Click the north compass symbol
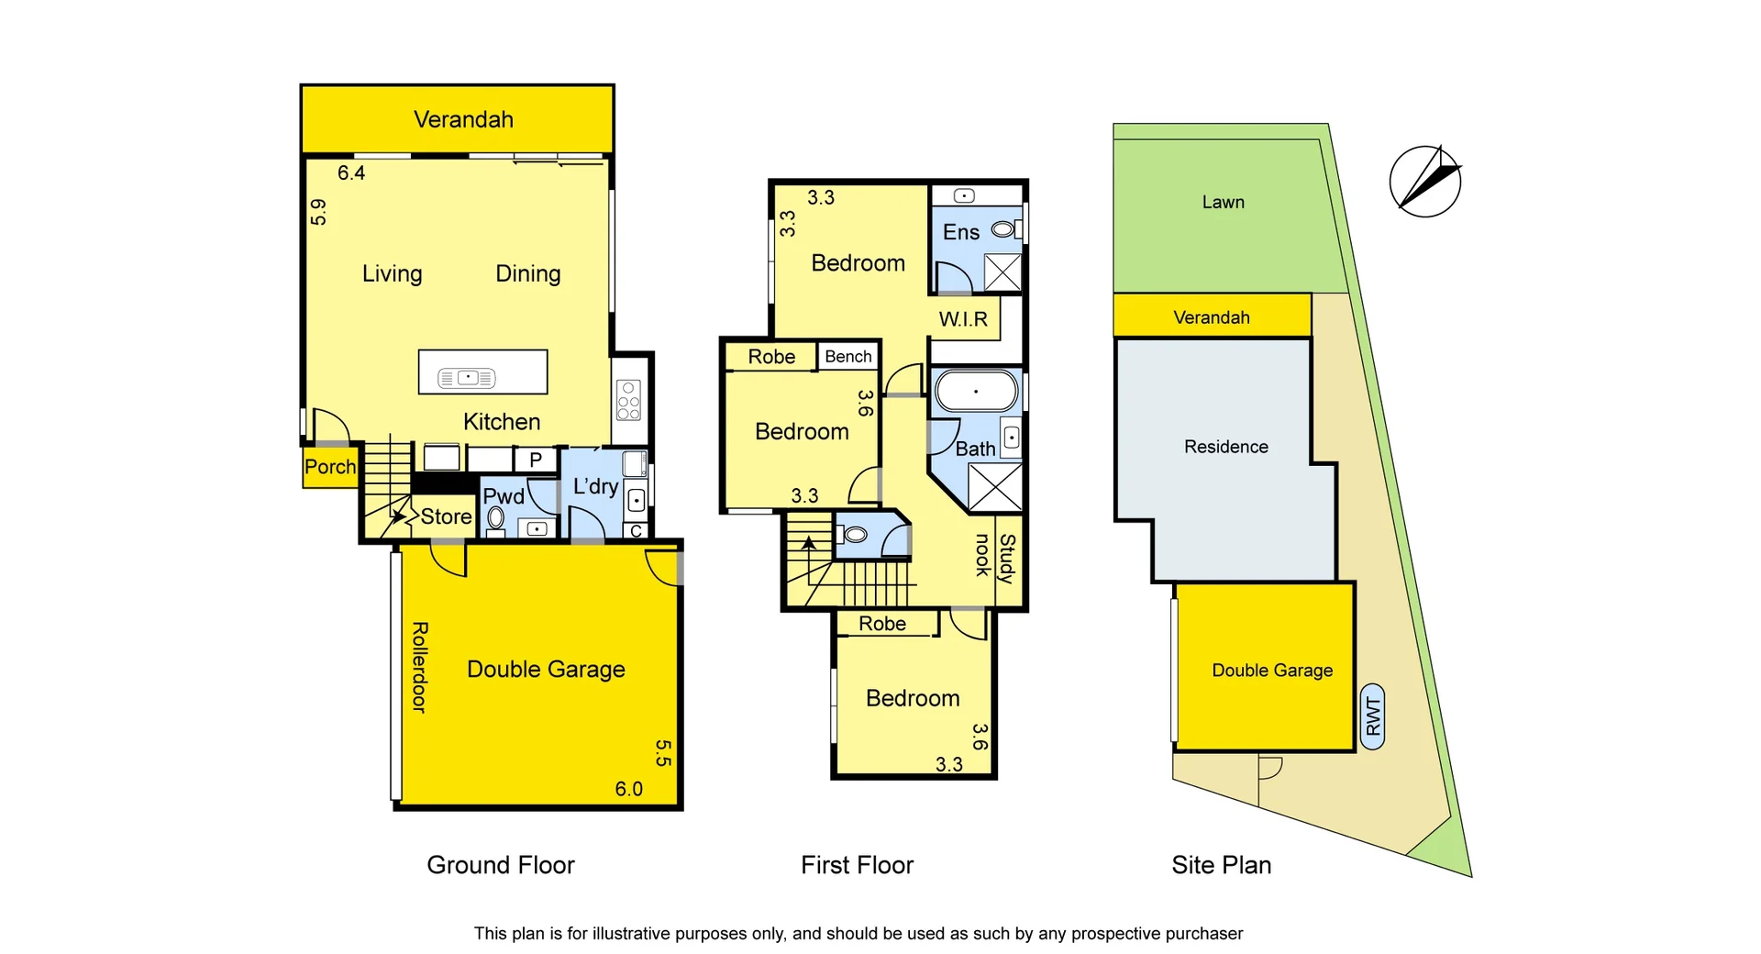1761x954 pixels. click(x=1424, y=182)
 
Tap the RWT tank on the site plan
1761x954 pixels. click(x=1372, y=716)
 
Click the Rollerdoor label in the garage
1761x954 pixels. click(x=419, y=667)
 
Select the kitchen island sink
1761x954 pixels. click(x=467, y=377)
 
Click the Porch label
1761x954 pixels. click(x=329, y=467)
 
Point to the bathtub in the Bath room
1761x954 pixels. click(x=976, y=392)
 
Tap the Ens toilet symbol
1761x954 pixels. click(x=1004, y=229)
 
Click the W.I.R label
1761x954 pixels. click(x=963, y=319)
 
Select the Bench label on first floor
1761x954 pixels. click(x=847, y=357)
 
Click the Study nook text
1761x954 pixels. click(x=994, y=557)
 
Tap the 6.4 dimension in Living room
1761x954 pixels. click(x=351, y=173)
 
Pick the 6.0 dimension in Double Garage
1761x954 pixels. click(x=628, y=789)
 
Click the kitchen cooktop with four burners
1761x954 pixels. click(x=628, y=401)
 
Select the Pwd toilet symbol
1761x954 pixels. click(x=495, y=518)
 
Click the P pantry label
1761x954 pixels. click(x=536, y=460)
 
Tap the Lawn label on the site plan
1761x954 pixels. click(x=1223, y=202)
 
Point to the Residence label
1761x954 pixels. click(x=1225, y=447)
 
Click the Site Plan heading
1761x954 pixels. click(x=1221, y=865)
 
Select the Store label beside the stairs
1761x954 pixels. click(x=446, y=516)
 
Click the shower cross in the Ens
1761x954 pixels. click(x=1002, y=272)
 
